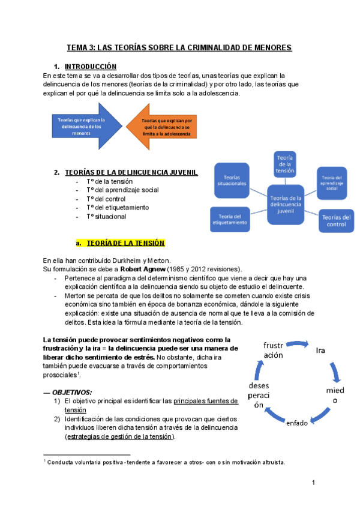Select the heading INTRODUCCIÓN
tap(91, 66)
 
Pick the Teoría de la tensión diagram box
tap(284, 163)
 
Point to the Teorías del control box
tap(335, 220)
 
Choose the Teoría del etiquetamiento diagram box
tap(230, 220)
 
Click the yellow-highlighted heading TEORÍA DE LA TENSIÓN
tap(125, 243)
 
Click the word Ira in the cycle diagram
tap(320, 349)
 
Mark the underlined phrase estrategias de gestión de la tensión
tap(120, 436)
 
